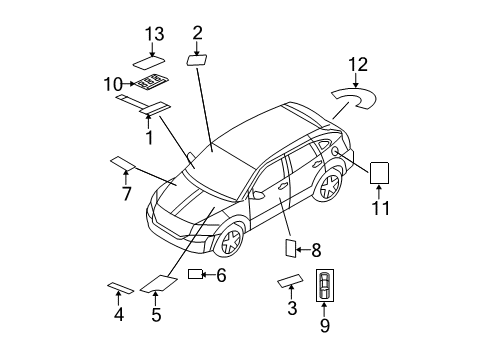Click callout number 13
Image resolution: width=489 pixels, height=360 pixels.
click(x=153, y=34)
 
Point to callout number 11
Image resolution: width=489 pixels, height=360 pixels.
click(x=381, y=209)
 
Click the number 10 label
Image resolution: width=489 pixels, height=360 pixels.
click(x=114, y=83)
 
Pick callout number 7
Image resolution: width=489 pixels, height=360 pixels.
click(x=126, y=194)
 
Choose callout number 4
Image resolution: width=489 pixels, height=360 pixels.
click(x=118, y=314)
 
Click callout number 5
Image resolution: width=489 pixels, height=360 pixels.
click(x=155, y=315)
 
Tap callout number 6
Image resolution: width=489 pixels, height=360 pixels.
click(x=221, y=275)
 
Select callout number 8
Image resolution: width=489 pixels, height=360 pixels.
click(x=315, y=251)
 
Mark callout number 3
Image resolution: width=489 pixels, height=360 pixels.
click(x=292, y=309)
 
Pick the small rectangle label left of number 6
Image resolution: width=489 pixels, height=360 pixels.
click(x=194, y=274)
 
